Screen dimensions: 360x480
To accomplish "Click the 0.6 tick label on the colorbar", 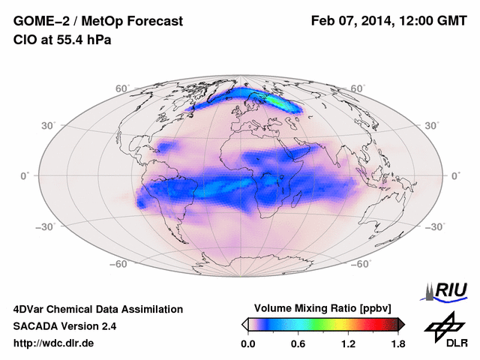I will (297, 343).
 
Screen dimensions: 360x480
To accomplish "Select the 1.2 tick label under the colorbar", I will (347, 343).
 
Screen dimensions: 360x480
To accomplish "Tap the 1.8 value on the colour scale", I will (397, 343).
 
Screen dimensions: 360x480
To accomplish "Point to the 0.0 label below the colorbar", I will (247, 343).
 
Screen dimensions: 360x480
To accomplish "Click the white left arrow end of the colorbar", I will (245, 324).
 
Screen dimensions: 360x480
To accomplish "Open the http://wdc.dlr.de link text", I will (54, 343).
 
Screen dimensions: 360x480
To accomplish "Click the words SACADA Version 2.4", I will (64, 326).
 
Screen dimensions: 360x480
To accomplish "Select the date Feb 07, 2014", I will (352, 21).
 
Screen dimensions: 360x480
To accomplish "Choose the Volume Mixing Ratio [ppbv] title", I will (323, 308).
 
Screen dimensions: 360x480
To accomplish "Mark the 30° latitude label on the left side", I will (48, 125).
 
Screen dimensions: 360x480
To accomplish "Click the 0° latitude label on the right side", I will (455, 175).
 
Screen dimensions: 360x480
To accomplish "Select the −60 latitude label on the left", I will (119, 264).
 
